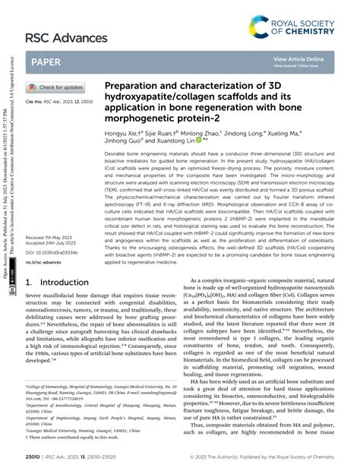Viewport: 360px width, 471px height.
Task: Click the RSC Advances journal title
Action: (67, 37)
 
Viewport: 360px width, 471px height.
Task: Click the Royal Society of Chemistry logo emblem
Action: (260, 30)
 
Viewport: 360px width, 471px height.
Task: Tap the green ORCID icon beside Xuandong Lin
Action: (199, 141)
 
